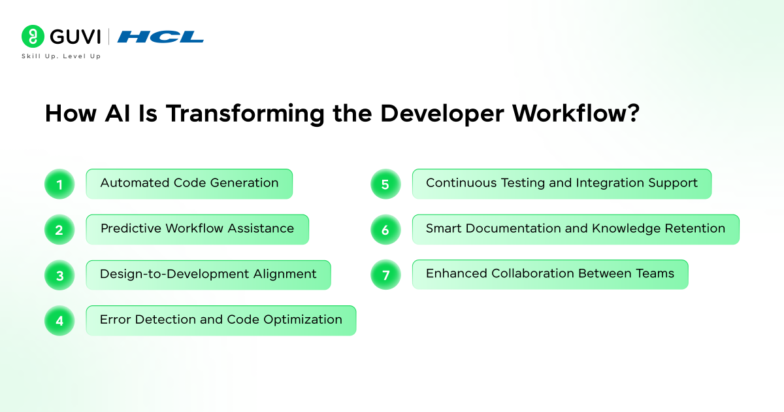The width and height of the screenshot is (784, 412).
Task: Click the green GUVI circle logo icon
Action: pyautogui.click(x=33, y=36)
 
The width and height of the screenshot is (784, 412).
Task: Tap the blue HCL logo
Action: pyautogui.click(x=160, y=37)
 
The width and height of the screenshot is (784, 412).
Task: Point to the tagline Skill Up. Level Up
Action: pyautogui.click(x=61, y=56)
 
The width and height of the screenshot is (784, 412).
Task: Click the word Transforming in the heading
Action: pyautogui.click(x=245, y=114)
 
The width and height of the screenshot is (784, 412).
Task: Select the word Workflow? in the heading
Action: pyautogui.click(x=576, y=113)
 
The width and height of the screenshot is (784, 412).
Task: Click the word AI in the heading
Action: pyautogui.click(x=118, y=114)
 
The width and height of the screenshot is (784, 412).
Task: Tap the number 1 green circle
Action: pyautogui.click(x=59, y=184)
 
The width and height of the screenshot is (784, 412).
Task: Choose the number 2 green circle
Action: pyautogui.click(x=59, y=230)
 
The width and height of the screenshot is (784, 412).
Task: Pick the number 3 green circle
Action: pyautogui.click(x=59, y=275)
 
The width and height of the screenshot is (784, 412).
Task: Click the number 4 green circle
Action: pyautogui.click(x=59, y=320)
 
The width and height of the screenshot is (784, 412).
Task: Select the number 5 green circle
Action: pyautogui.click(x=385, y=184)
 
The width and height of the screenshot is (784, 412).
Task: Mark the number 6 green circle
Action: pyautogui.click(x=385, y=230)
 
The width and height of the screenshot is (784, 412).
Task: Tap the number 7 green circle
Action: pyautogui.click(x=385, y=275)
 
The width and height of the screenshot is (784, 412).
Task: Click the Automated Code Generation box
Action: pyautogui.click(x=189, y=184)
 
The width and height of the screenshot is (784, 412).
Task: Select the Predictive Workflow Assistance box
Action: pyautogui.click(x=197, y=230)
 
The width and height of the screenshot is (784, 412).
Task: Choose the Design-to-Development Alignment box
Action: pyautogui.click(x=208, y=275)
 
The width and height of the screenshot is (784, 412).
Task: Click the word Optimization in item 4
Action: pyautogui.click(x=302, y=320)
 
